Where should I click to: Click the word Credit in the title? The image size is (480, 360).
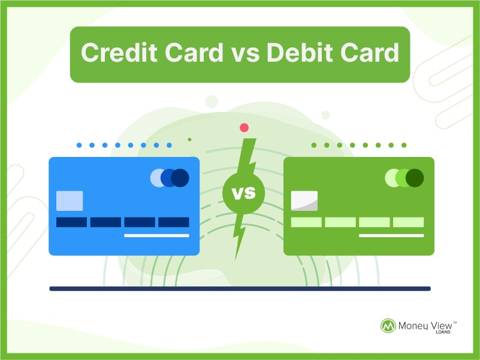tap(119, 52)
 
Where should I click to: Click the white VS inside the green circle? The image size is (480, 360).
tap(244, 193)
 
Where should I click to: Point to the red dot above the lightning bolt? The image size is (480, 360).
tap(244, 128)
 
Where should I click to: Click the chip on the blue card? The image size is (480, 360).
tap(70, 201)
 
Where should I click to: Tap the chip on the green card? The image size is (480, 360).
tap(304, 201)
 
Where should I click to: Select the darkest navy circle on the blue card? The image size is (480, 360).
tap(180, 178)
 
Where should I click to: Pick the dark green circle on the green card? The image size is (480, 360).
tap(415, 178)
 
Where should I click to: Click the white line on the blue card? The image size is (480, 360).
tap(157, 235)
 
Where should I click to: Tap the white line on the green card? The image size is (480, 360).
tap(391, 235)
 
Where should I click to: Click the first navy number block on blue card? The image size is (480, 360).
tap(72, 222)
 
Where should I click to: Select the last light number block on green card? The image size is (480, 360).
tap(408, 222)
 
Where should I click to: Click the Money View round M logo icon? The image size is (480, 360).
tap(388, 326)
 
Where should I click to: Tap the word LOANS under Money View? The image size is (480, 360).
tap(443, 332)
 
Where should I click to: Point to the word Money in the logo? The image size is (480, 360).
tap(413, 326)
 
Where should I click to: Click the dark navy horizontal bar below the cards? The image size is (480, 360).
tap(240, 289)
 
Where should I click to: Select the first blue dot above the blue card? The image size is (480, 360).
tap(79, 145)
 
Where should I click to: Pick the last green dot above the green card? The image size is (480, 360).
tap(404, 145)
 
